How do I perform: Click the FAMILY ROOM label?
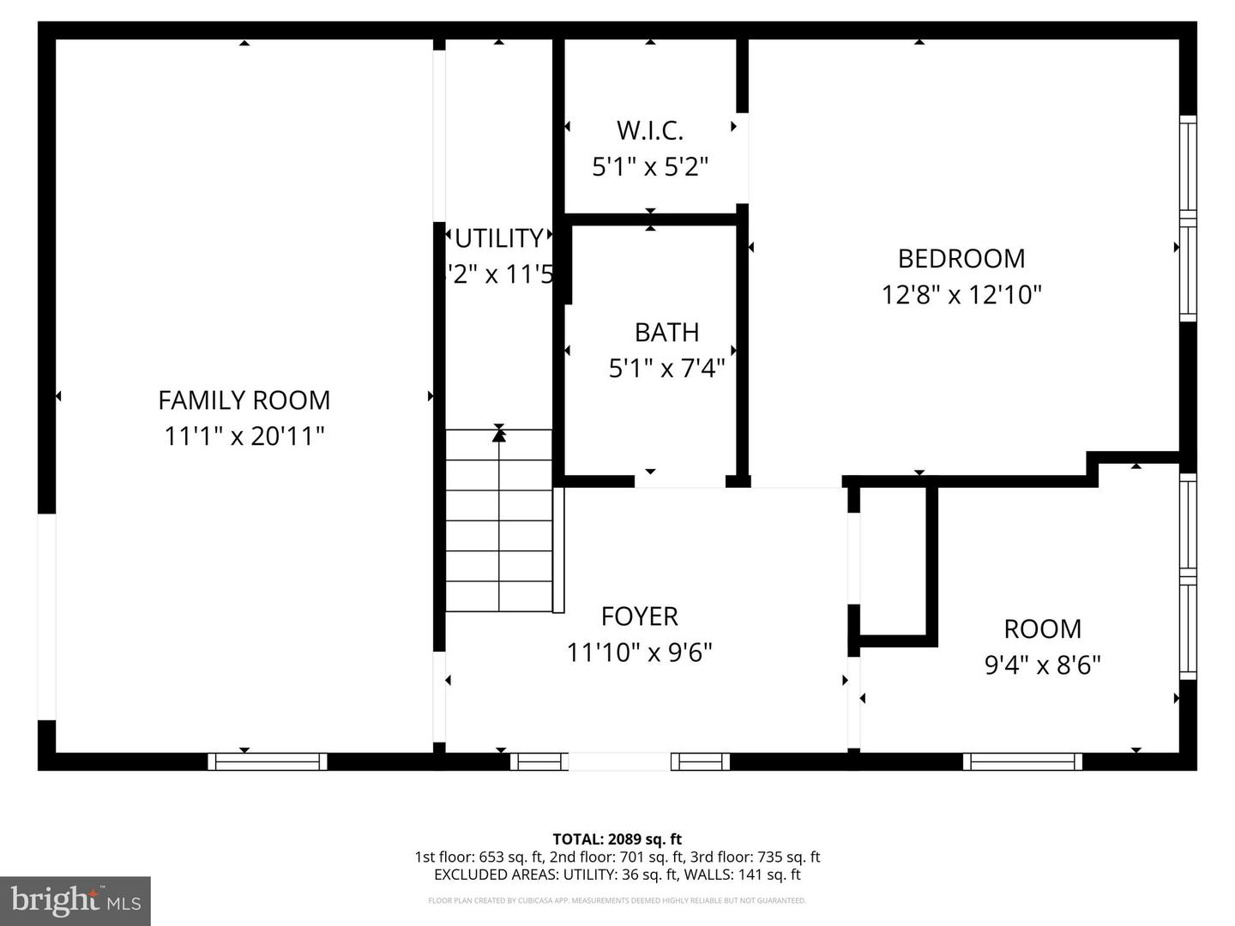coord(244,400)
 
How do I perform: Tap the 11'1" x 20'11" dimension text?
coord(244,436)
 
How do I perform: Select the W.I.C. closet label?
coord(650,131)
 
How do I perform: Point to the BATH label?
coord(666,333)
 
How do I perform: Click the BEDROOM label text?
coord(961,259)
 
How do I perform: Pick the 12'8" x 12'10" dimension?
coord(961,295)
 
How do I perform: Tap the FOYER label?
coord(640,616)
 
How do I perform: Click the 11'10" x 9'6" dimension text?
coord(640,653)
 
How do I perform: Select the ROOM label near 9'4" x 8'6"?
coord(1042,629)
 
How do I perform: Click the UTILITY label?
coord(498,238)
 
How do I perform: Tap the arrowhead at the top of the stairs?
coord(498,434)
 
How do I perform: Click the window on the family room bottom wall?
coord(268,761)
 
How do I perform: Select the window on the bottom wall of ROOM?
coord(1022,761)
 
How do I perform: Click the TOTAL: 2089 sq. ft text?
coord(617,839)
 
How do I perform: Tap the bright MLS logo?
coord(75,900)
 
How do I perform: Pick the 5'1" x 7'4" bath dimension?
coord(666,369)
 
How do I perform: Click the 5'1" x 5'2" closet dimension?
coord(650,166)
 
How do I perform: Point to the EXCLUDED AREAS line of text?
coord(617,875)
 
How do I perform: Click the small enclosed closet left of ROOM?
coord(892,562)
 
